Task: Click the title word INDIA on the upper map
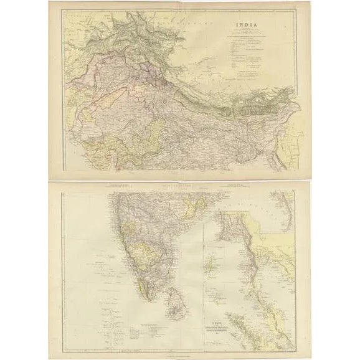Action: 244,27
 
